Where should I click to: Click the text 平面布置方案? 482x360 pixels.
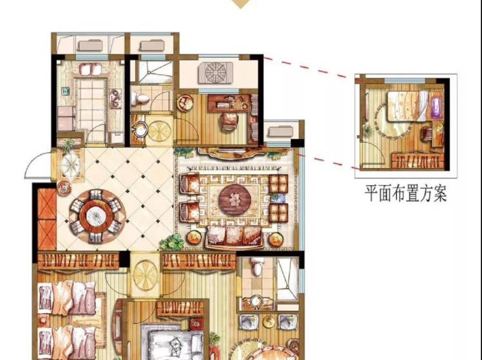pos(406,193)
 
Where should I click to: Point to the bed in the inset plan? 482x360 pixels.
pos(407,106)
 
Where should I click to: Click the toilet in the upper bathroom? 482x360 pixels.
pos(140,98)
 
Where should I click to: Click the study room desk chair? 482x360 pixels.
pos(229,122)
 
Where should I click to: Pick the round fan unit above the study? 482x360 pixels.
pos(215,73)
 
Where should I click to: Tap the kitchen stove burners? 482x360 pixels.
pos(116,98)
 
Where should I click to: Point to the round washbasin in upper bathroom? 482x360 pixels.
pos(141,129)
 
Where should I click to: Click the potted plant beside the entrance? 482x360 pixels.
pos(68,145)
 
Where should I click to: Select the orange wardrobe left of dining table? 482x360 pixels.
pos(47,219)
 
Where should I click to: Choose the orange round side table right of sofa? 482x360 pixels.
pos(276,239)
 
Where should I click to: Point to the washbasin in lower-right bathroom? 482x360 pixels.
pos(256,301)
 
